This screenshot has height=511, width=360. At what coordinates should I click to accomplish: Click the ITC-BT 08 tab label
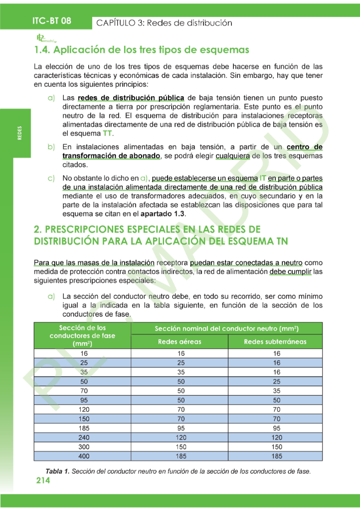52,21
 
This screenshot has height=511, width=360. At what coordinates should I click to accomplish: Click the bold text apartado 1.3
162,214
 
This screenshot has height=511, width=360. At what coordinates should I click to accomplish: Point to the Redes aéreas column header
180,342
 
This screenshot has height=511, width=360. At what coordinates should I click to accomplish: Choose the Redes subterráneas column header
275,342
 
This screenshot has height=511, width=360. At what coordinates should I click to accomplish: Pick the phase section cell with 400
83,456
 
